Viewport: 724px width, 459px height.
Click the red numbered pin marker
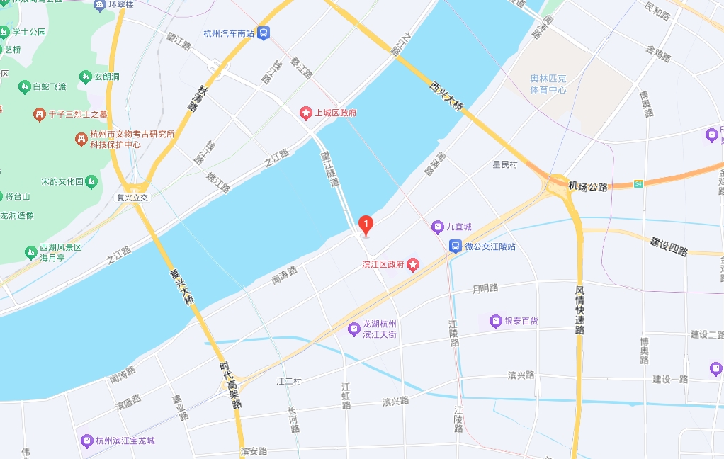(366, 225)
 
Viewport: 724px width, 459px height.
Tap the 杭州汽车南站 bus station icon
(264, 33)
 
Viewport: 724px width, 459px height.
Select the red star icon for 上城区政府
(306, 113)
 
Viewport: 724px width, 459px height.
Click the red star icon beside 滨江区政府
(412, 264)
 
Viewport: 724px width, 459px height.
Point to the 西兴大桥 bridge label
(446, 96)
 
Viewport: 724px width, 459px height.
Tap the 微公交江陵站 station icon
(455, 246)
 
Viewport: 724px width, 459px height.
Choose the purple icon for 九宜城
(438, 227)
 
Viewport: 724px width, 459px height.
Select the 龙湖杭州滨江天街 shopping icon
(353, 329)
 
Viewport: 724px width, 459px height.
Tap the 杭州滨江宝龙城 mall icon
(86, 441)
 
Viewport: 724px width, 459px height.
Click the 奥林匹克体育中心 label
(548, 84)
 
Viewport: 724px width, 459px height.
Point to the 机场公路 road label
(588, 186)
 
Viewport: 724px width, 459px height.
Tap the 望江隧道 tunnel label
(330, 168)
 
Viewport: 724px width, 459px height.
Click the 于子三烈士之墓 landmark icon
(40, 113)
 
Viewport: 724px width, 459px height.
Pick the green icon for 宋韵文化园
(91, 181)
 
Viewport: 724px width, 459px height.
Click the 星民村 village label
(505, 164)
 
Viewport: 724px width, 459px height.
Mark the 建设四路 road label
(669, 246)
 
